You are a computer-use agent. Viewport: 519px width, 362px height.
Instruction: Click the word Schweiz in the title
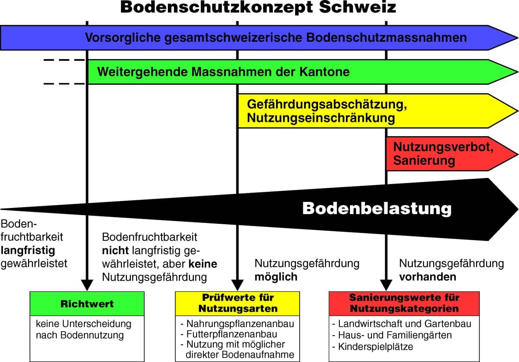[357, 7]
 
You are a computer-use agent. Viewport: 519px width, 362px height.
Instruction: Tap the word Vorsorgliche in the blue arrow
[123, 38]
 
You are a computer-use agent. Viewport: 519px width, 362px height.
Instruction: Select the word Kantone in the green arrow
[324, 72]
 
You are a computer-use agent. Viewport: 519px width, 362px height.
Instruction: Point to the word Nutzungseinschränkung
[321, 118]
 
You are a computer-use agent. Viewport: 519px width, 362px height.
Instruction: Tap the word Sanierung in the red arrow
[424, 161]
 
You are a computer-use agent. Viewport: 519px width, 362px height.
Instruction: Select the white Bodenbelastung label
[377, 209]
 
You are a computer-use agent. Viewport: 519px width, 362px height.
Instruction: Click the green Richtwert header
[87, 304]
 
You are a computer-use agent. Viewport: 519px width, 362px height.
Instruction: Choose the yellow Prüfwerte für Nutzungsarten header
[238, 304]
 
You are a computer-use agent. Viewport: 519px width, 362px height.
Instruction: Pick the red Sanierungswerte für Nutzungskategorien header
[404, 304]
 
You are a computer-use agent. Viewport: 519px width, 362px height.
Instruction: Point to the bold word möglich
[276, 277]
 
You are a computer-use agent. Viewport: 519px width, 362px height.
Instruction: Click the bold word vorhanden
[428, 277]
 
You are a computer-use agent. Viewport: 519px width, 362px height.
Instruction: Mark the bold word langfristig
[28, 251]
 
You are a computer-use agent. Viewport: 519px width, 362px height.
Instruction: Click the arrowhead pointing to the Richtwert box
[87, 285]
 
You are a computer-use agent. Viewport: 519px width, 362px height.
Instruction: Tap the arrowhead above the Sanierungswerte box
[386, 285]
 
